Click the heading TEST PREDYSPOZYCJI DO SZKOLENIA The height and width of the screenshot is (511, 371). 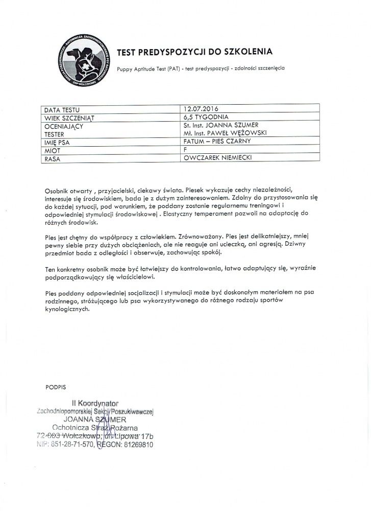[x=195, y=52]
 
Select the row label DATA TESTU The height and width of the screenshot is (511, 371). [x=62, y=109]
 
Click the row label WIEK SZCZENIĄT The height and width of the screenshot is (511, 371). [x=70, y=117]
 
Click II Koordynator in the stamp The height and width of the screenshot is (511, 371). [x=95, y=404]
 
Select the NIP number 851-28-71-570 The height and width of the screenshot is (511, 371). [x=71, y=445]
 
